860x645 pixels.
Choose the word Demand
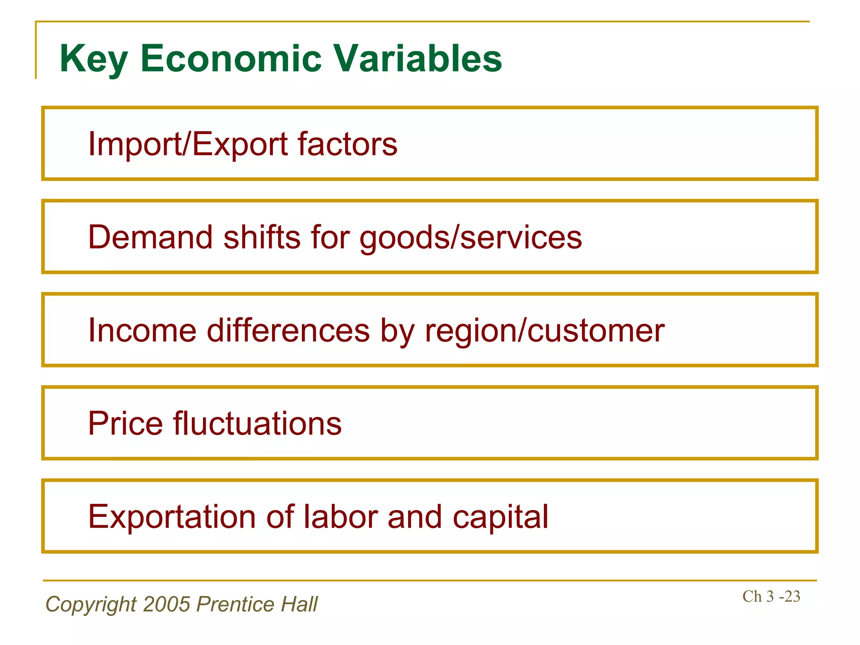coord(150,237)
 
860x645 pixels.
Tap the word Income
coord(142,330)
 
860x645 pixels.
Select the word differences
coord(288,330)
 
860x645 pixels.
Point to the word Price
coord(125,423)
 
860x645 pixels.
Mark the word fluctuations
coord(257,423)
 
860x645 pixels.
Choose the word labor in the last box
coord(341,517)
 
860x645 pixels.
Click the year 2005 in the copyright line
coord(167,604)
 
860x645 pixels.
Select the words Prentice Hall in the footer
coord(257,604)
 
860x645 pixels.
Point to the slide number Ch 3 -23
coord(771,596)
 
